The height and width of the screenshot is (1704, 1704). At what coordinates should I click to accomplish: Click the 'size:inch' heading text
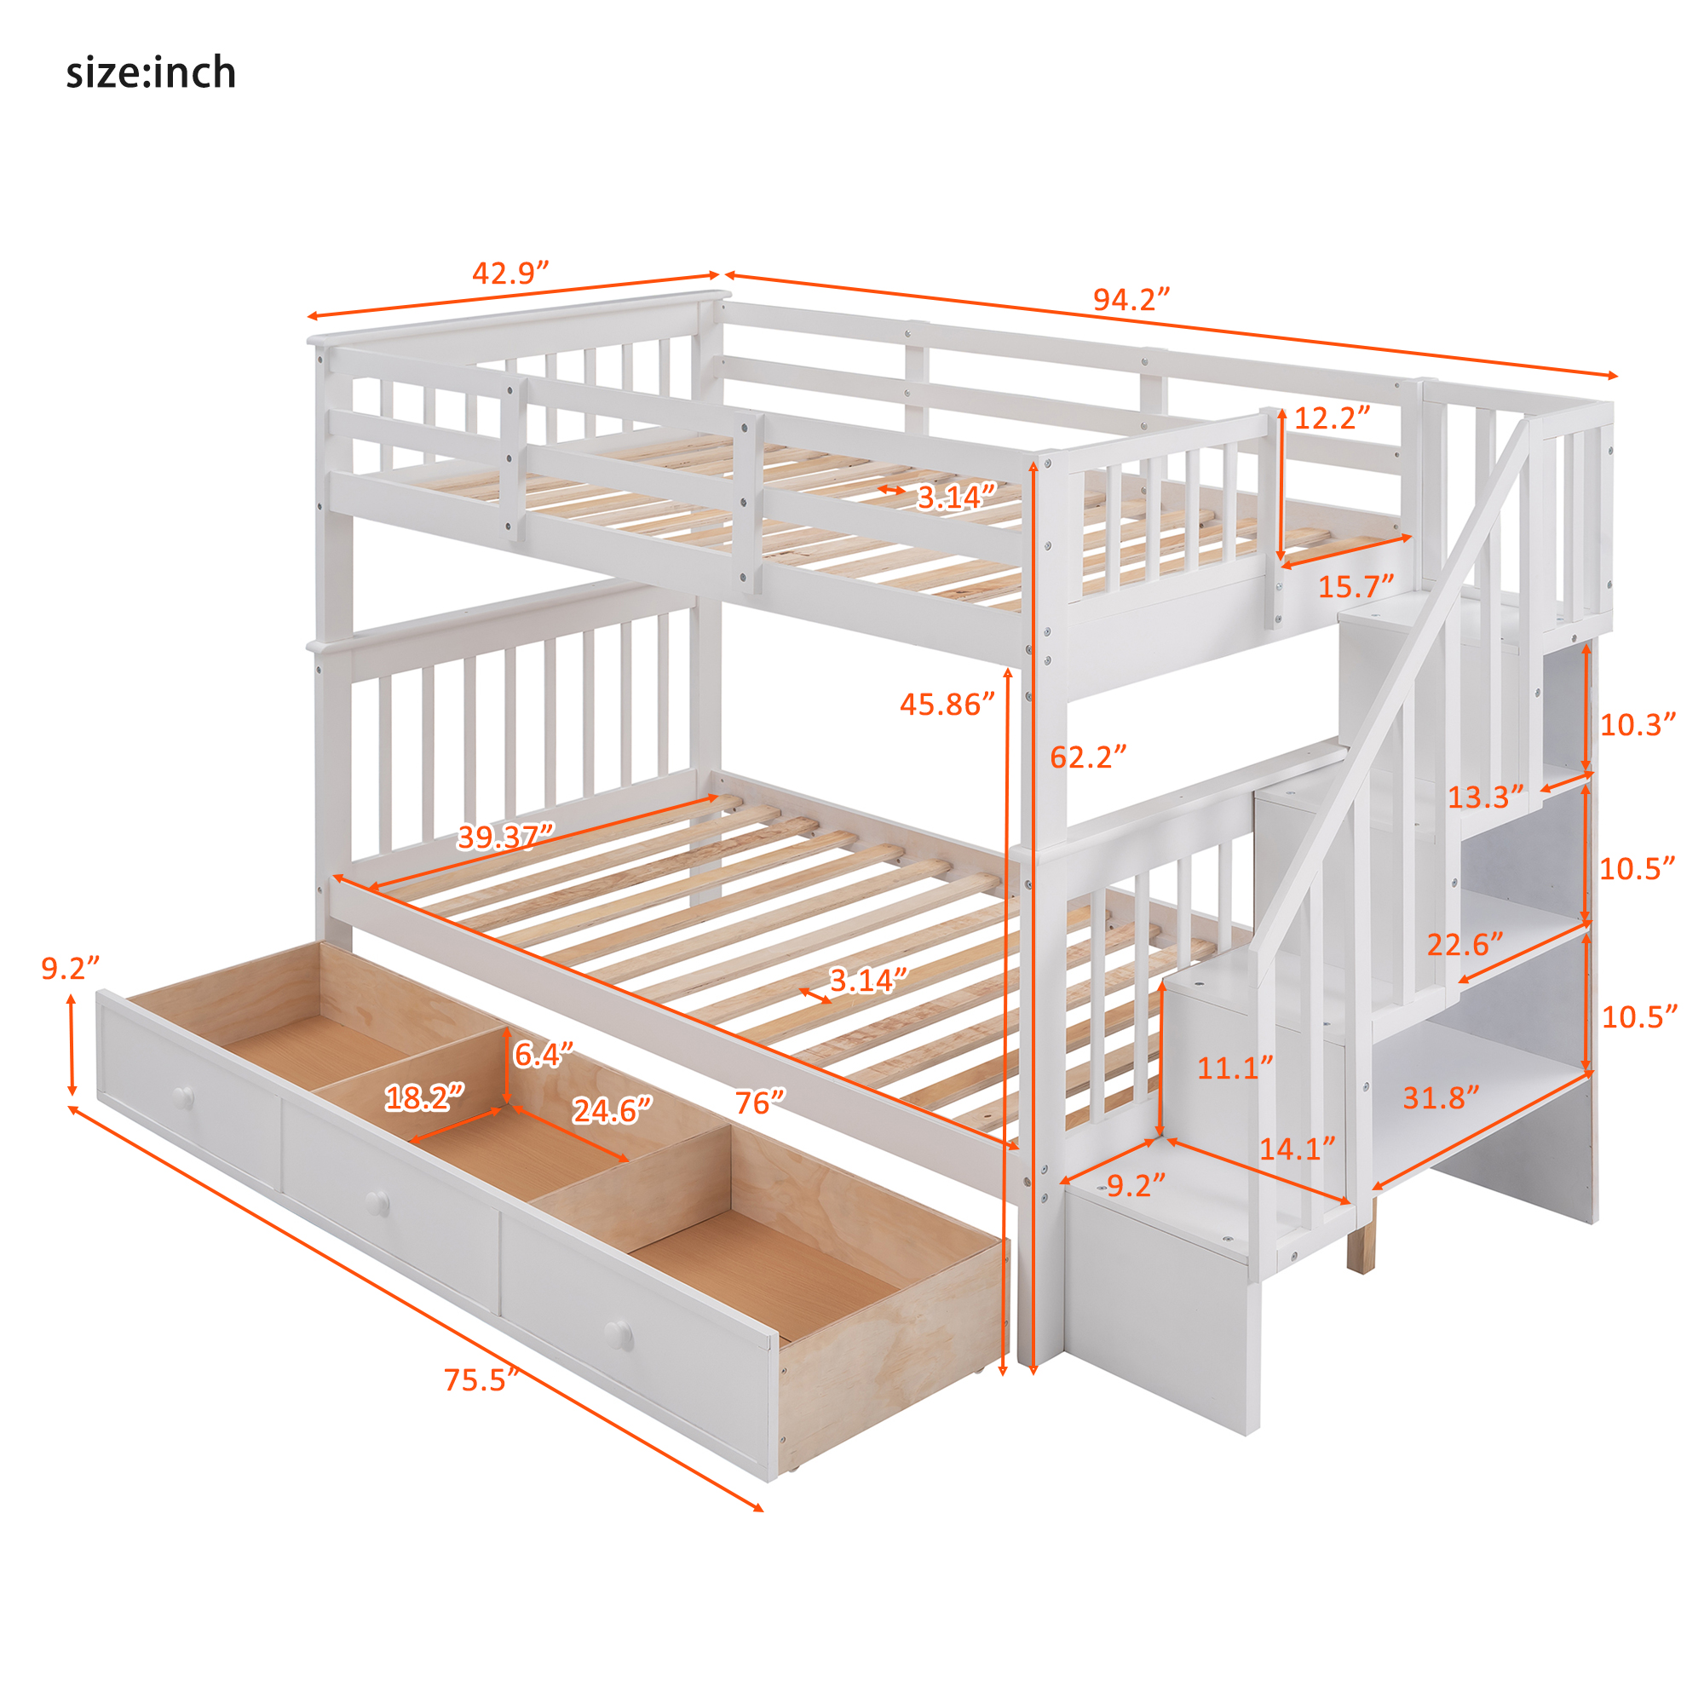pyautogui.click(x=151, y=72)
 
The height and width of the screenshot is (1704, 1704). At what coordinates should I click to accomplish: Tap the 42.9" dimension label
pyautogui.click(x=509, y=273)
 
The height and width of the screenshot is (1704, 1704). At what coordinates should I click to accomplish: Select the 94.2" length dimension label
pyautogui.click(x=1131, y=300)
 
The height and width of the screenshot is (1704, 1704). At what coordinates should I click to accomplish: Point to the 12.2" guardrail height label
pyautogui.click(x=1332, y=418)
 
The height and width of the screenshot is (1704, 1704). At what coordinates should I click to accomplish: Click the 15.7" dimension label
pyautogui.click(x=1356, y=586)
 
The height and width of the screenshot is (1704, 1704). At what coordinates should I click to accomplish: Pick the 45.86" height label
pyautogui.click(x=947, y=704)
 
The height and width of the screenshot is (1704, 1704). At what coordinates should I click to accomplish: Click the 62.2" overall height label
pyautogui.click(x=1087, y=757)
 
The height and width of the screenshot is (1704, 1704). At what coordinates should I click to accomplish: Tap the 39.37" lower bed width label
pyautogui.click(x=505, y=836)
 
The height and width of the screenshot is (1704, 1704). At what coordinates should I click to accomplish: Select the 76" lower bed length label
pyautogui.click(x=759, y=1102)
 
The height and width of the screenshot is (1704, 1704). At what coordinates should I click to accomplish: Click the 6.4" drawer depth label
pyautogui.click(x=544, y=1055)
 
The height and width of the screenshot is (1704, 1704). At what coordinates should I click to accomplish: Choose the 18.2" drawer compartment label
pyautogui.click(x=424, y=1098)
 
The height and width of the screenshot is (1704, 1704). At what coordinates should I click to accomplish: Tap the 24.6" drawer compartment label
pyautogui.click(x=612, y=1110)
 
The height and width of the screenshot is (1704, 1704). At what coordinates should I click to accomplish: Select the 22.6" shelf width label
pyautogui.click(x=1465, y=945)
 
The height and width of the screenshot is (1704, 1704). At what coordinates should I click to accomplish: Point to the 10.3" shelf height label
pyautogui.click(x=1637, y=725)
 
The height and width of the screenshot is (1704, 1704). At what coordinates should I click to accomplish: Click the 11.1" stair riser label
pyautogui.click(x=1235, y=1069)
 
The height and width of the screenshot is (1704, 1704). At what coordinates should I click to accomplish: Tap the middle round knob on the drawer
pyautogui.click(x=377, y=1202)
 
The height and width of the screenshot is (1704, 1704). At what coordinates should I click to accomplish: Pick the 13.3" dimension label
pyautogui.click(x=1485, y=798)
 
